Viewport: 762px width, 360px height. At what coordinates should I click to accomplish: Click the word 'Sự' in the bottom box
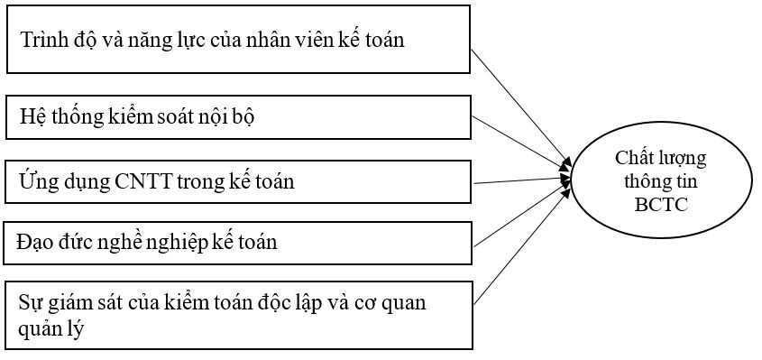pos(31,301)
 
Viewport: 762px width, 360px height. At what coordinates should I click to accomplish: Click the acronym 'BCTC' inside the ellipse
pos(660,205)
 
